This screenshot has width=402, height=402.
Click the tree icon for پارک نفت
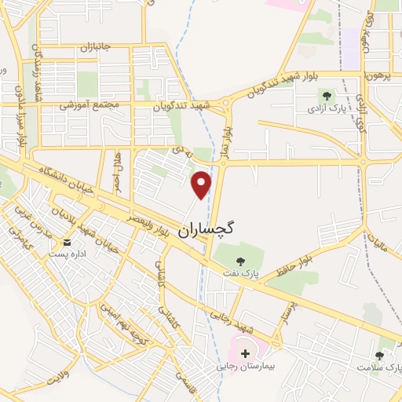(x=239, y=259)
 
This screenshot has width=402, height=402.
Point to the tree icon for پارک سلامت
(x=381, y=355)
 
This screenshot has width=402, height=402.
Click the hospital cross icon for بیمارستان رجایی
(x=246, y=354)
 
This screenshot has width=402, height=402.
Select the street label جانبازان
(x=96, y=48)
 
